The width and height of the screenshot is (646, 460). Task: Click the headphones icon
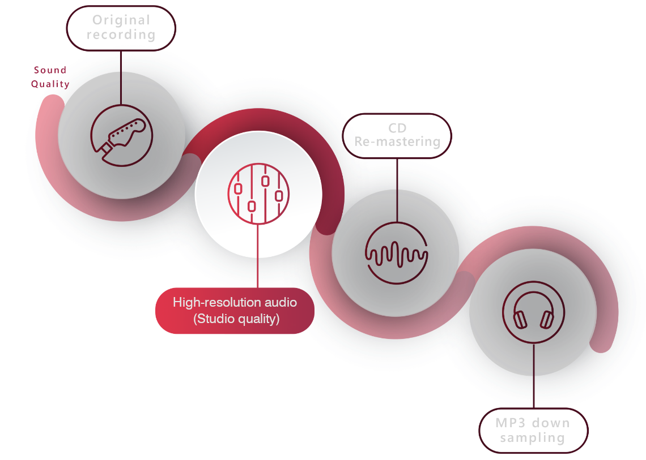coord(533,313)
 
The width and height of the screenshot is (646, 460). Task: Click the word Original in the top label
coord(121,20)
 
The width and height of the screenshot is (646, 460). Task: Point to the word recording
coord(121,35)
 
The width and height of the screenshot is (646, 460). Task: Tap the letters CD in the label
coord(397,128)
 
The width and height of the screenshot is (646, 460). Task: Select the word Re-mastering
coord(397,142)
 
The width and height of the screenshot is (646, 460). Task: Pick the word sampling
coord(533,438)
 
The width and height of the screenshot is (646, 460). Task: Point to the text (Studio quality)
coord(236,319)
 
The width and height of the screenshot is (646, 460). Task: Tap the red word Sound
coord(50,70)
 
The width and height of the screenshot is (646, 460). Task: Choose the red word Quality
coord(50,84)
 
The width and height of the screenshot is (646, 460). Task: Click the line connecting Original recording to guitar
coord(121,76)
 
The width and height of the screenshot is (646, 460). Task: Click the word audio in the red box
coord(277,303)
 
